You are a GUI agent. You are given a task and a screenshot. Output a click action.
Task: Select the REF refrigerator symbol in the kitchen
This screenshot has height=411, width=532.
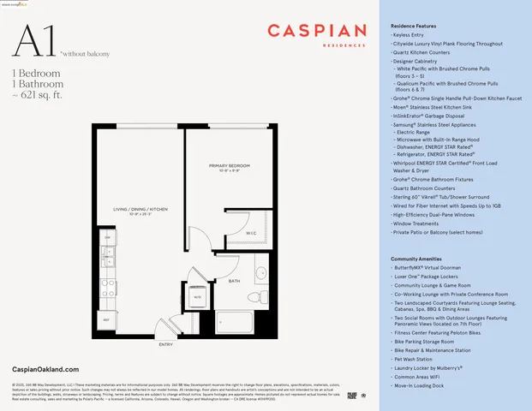point(106,319)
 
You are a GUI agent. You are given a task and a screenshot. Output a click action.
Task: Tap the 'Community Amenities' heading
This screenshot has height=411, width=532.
point(417,258)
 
